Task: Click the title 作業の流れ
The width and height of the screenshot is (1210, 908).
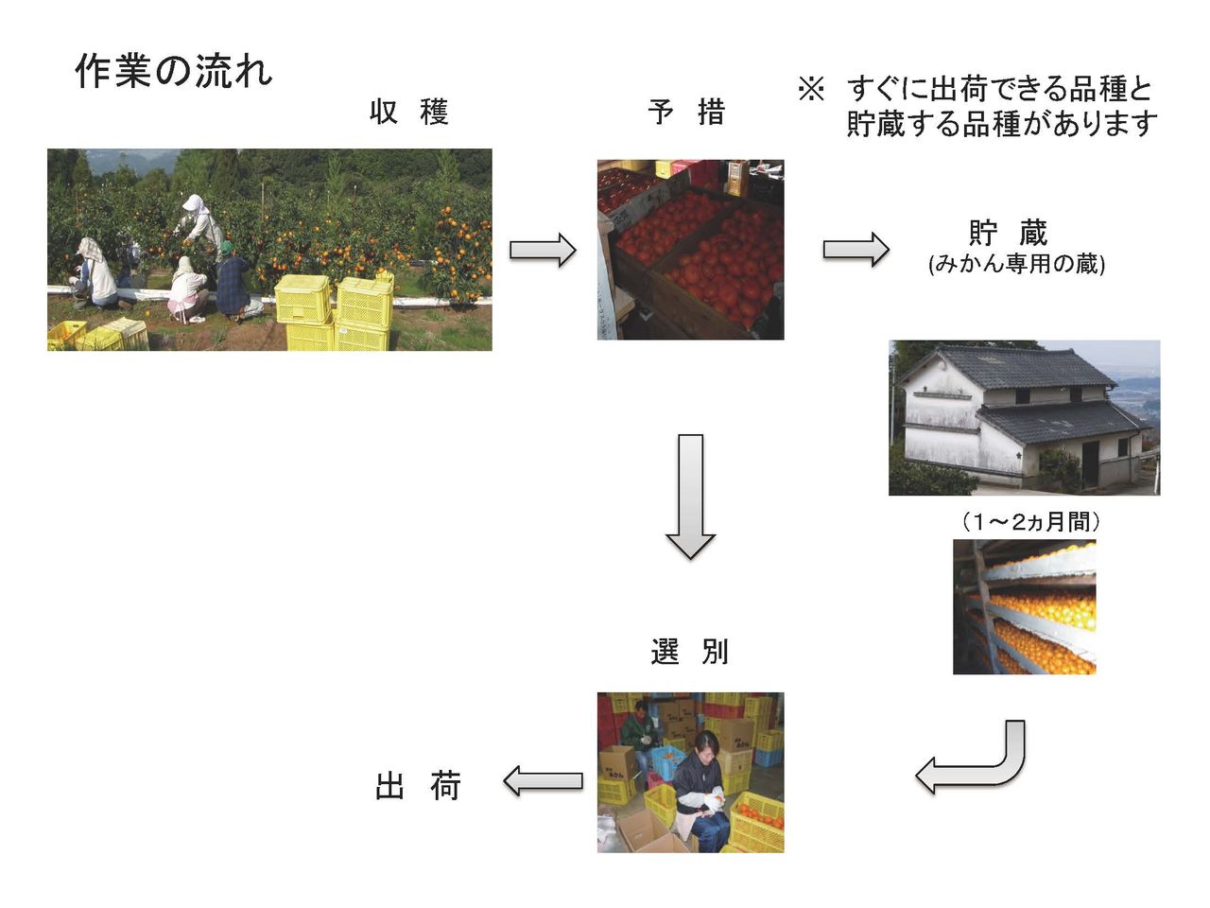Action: click(173, 72)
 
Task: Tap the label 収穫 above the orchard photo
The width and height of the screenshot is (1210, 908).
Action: click(408, 113)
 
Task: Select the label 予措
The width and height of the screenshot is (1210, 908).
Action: click(687, 113)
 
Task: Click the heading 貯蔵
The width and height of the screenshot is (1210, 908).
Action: click(1008, 233)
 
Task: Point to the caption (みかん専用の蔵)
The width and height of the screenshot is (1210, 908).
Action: click(1016, 264)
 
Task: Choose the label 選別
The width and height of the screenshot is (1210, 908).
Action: click(690, 652)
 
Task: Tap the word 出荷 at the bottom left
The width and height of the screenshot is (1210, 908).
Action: click(418, 786)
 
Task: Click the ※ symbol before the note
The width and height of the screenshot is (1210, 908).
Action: click(811, 90)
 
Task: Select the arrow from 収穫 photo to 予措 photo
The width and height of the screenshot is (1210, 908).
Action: click(543, 251)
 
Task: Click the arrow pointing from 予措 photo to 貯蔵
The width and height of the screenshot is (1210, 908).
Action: click(856, 250)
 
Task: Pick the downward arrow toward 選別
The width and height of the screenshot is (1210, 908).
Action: click(690, 496)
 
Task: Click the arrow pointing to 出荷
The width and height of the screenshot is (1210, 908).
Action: click(543, 781)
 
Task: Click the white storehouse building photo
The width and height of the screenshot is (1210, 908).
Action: click(1024, 417)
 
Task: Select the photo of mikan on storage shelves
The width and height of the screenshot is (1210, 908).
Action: click(1024, 606)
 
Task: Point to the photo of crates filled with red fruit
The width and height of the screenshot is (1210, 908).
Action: click(690, 249)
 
